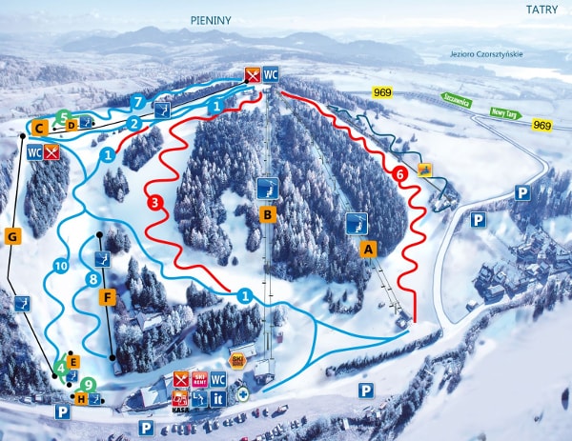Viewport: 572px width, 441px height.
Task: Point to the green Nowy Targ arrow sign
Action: (x=504, y=113)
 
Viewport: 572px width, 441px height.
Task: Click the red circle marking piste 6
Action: (x=400, y=173)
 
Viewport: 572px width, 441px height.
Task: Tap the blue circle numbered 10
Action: (x=60, y=267)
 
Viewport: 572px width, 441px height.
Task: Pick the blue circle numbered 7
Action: (x=138, y=101)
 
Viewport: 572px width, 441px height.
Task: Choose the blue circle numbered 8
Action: (x=92, y=279)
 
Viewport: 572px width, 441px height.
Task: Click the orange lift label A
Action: (x=369, y=248)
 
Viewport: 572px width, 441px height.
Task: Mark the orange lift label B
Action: (x=268, y=214)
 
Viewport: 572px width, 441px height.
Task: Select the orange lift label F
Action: (x=108, y=297)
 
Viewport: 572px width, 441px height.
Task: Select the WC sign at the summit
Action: (x=272, y=74)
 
